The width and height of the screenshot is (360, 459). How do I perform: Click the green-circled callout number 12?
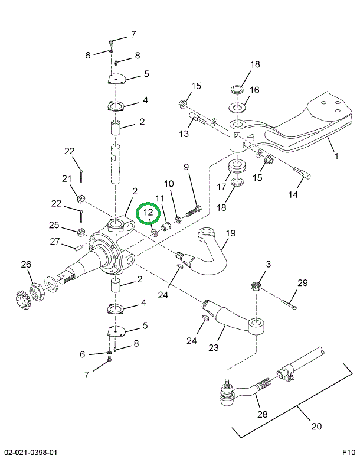coord(148,212)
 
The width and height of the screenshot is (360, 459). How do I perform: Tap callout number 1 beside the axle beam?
coord(336,157)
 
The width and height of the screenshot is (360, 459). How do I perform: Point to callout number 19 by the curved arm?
coord(230,233)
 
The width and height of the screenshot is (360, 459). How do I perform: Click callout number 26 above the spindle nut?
coord(25,264)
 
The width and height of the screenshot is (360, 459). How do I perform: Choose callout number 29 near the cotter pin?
coord(302,283)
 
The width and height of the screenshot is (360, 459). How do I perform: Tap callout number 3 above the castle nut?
coord(269,264)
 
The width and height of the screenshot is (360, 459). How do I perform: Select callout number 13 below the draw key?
coord(184,134)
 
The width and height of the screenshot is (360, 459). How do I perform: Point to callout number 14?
coord(293,194)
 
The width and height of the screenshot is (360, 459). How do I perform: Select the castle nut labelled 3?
coord(256,286)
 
